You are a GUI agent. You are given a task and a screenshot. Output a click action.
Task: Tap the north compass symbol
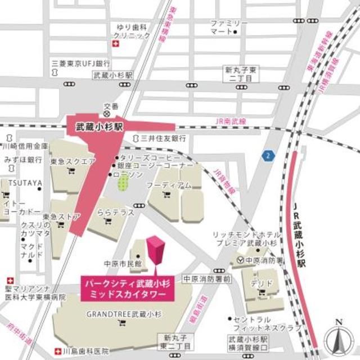(x=338, y=337)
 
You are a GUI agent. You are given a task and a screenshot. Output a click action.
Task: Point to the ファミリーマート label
(x=228, y=26)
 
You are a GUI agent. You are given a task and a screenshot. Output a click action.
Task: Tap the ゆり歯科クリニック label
(x=133, y=31)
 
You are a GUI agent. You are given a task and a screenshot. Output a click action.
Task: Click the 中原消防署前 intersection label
(x=206, y=278)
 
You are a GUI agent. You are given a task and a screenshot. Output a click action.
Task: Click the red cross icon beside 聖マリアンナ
(x=10, y=280)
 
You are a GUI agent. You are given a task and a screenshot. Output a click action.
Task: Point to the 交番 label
(x=110, y=106)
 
